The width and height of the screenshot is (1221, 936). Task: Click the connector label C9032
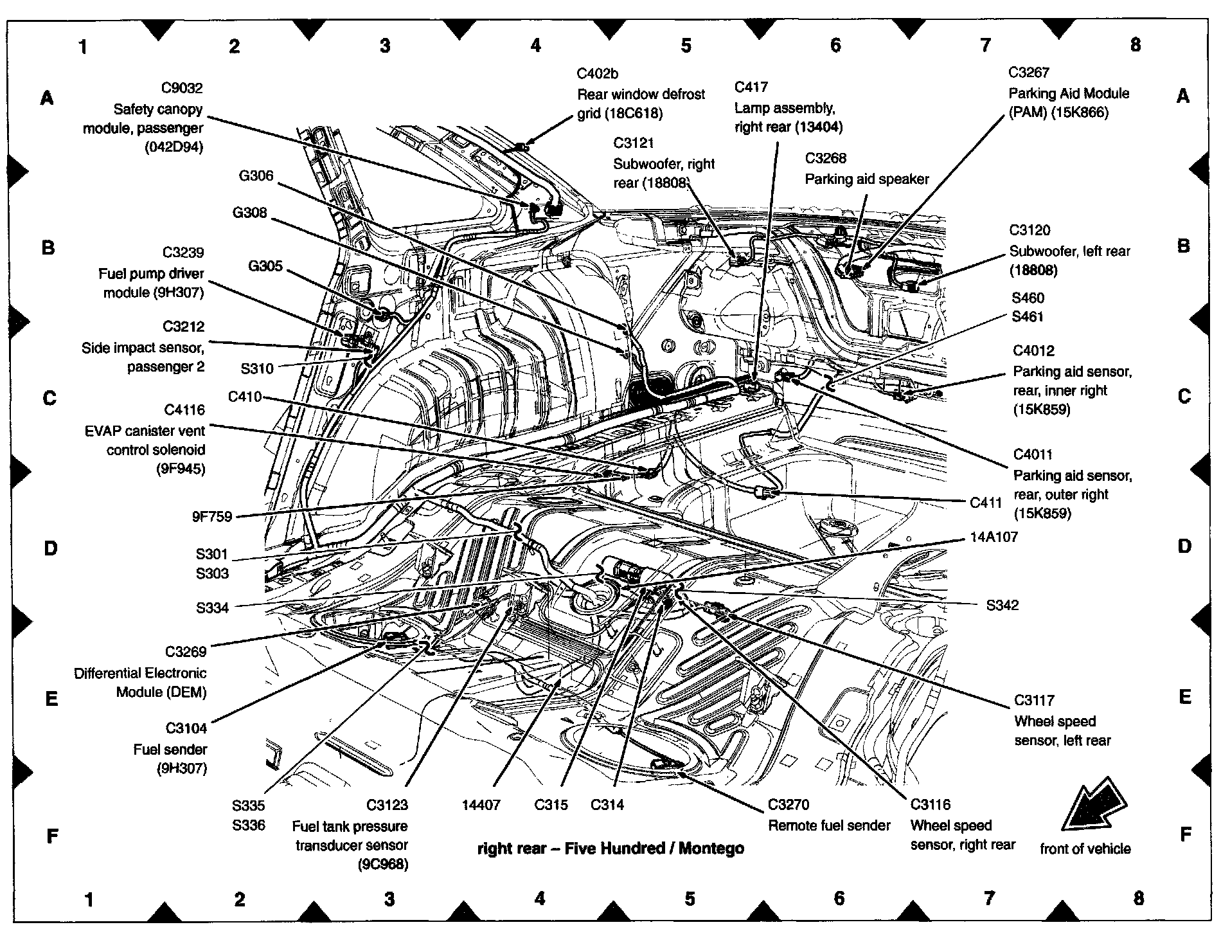point(182,88)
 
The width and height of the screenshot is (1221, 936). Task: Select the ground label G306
point(256,175)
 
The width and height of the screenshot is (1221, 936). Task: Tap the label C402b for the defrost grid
point(598,74)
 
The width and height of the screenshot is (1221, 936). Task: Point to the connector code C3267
point(1029,73)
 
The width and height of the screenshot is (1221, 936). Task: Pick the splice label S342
point(1003,605)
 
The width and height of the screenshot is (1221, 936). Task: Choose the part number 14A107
point(994,537)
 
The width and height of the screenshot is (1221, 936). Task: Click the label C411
point(986,503)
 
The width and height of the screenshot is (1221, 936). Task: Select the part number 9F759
point(211,516)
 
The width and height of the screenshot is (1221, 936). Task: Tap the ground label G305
point(265,266)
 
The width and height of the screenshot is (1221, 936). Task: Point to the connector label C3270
point(789,805)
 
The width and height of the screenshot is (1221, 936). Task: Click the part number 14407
point(481,805)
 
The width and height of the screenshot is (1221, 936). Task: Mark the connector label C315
point(551,805)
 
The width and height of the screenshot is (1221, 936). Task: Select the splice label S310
point(257,368)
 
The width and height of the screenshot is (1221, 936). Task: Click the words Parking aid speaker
point(867,179)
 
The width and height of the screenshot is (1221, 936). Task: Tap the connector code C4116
point(184,410)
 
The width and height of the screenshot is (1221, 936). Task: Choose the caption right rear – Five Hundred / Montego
point(610,849)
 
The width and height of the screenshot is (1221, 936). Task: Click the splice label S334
point(212,607)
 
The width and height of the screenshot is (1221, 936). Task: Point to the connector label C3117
point(1035,700)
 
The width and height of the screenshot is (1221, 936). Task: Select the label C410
point(245,397)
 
